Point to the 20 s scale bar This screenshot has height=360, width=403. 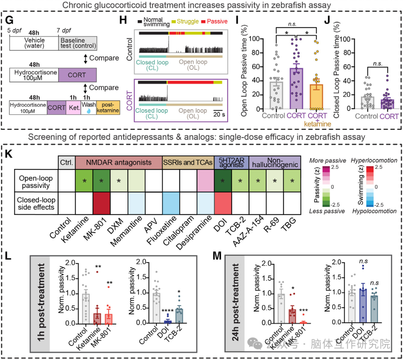[219, 111]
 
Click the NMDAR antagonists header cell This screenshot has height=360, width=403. [118, 162]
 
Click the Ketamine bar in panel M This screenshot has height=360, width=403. [282, 316]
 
